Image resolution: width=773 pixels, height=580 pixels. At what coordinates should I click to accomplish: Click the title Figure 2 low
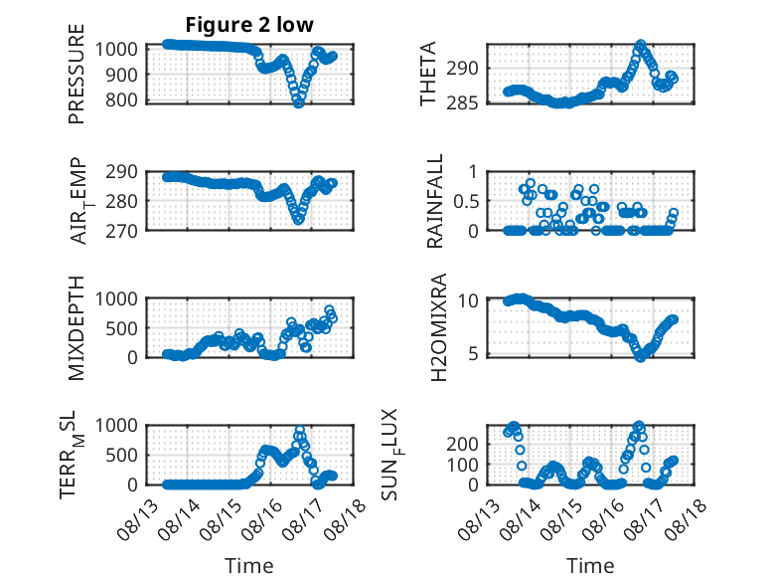click(x=249, y=25)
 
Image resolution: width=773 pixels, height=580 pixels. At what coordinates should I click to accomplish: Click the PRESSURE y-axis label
click(x=77, y=74)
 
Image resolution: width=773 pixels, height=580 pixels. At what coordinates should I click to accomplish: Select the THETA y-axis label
click(x=428, y=74)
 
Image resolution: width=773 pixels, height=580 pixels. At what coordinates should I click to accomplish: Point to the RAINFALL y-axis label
click(x=435, y=201)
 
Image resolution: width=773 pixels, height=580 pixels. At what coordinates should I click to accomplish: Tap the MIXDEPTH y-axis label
click(x=77, y=327)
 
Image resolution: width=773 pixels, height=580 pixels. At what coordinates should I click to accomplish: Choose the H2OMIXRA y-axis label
click(x=438, y=327)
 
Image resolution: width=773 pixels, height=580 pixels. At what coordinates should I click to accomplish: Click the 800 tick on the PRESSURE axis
click(x=121, y=99)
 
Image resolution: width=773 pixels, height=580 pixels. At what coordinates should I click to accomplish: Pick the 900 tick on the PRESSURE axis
click(x=121, y=75)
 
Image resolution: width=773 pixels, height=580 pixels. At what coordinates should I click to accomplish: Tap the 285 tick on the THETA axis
click(x=462, y=103)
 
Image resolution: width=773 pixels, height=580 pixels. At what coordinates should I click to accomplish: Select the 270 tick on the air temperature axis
click(x=121, y=231)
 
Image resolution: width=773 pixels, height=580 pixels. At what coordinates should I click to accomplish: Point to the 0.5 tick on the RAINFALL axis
click(x=464, y=201)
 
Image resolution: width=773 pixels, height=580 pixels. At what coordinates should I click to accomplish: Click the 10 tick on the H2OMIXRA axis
click(x=468, y=299)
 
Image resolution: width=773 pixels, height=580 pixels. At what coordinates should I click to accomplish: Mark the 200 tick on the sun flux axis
click(x=462, y=444)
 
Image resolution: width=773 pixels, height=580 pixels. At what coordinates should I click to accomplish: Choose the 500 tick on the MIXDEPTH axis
click(x=121, y=328)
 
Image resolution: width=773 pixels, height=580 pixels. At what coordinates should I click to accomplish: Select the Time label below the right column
click(x=590, y=565)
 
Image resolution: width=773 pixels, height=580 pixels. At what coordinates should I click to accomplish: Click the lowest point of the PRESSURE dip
click(x=298, y=102)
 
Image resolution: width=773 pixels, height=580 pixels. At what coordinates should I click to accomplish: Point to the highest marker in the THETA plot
click(x=641, y=45)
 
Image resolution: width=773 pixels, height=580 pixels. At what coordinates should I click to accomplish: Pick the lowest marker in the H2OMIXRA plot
click(x=640, y=357)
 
